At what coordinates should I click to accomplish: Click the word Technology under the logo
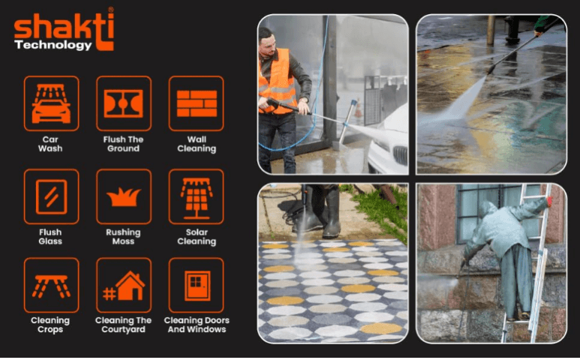pos(53,45)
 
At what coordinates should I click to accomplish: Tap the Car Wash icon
pos(52,103)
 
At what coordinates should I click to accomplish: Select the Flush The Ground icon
pos(124,103)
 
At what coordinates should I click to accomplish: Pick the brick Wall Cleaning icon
pos(196,103)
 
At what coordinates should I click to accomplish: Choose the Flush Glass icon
pos(52,196)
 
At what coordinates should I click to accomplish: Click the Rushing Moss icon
pos(124,196)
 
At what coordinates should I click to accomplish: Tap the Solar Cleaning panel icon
pos(196,196)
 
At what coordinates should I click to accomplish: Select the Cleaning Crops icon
pos(52,285)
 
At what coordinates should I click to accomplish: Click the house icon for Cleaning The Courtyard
pos(124,285)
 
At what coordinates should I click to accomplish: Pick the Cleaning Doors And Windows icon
pos(196,285)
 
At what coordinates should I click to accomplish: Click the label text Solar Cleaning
pos(197,237)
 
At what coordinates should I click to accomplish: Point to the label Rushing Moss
pos(123,237)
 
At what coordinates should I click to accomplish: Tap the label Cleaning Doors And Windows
pos(197,325)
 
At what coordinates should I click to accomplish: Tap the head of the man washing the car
pos(267,40)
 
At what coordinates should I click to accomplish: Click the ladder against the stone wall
pos(527,262)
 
